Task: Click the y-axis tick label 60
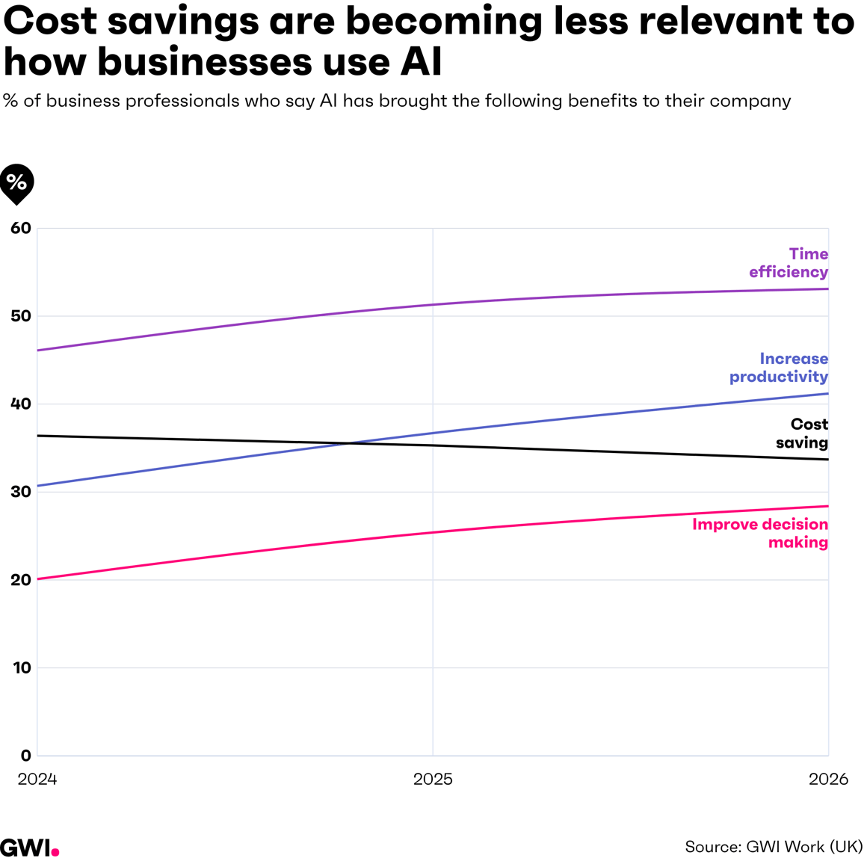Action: coord(21,228)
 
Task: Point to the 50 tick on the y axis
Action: coord(21,315)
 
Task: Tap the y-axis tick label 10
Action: coord(22,667)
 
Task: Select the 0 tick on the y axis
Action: coord(26,756)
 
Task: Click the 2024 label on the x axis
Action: coord(37,779)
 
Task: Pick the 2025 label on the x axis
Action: coord(433,779)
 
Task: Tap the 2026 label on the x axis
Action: coord(828,779)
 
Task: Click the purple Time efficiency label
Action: coord(789,262)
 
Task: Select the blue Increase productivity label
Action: coord(779,367)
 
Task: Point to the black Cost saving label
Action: coord(802,433)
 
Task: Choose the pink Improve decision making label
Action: coord(760,533)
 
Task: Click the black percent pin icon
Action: coord(16,184)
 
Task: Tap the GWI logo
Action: coord(29,847)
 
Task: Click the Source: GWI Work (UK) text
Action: coord(774,847)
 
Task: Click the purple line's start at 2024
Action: coord(37,351)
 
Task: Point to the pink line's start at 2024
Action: coord(37,579)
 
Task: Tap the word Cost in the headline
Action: coord(50,21)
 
